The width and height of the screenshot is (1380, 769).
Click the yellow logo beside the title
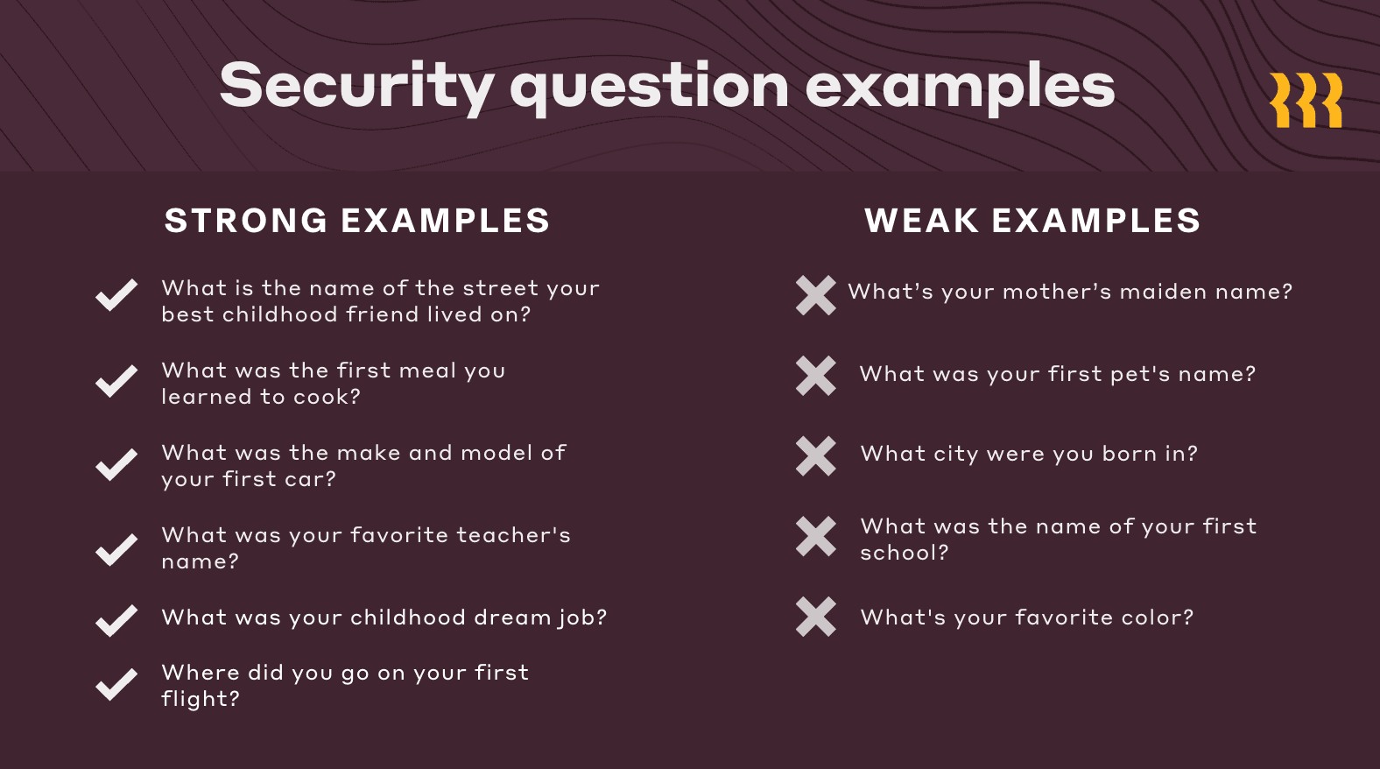(x=1306, y=100)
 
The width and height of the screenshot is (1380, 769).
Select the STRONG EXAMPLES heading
(x=357, y=221)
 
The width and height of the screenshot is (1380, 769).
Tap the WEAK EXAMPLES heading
(x=1032, y=221)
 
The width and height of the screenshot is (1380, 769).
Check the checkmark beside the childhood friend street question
(x=116, y=295)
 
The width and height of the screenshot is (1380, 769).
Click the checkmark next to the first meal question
(x=116, y=380)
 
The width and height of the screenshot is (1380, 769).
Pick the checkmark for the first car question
(x=116, y=464)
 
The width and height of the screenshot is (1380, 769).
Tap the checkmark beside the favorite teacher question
(x=116, y=549)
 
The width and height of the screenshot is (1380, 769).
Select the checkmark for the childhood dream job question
(x=116, y=620)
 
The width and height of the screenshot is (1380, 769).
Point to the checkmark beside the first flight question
(x=116, y=684)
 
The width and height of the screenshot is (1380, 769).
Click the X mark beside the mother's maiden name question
(x=816, y=295)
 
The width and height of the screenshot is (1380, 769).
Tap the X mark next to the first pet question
(x=816, y=376)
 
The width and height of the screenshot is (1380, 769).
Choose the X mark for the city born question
(x=816, y=455)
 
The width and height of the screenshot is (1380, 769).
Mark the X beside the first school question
(x=816, y=536)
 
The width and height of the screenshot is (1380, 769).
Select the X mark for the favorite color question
(x=816, y=617)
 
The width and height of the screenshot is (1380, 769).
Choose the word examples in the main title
(x=960, y=87)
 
